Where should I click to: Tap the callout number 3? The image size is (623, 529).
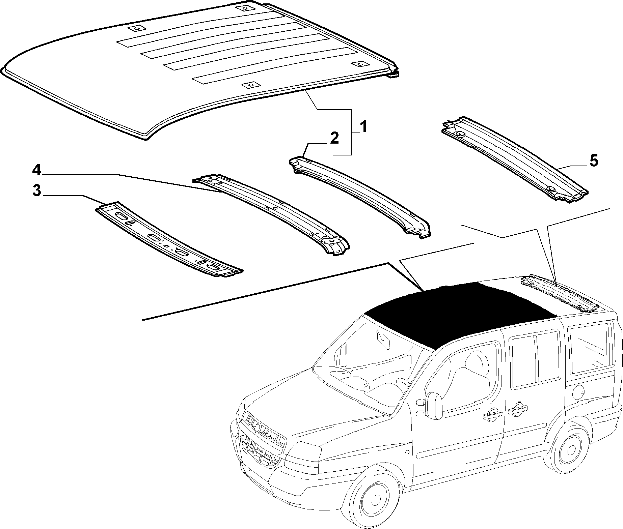[37, 191]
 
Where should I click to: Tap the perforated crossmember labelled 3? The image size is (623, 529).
[169, 239]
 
